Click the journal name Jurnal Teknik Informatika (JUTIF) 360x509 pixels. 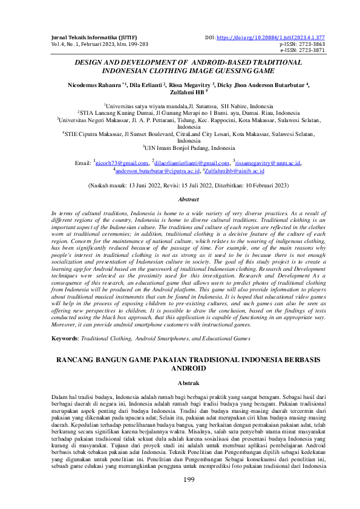pos(85,37)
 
